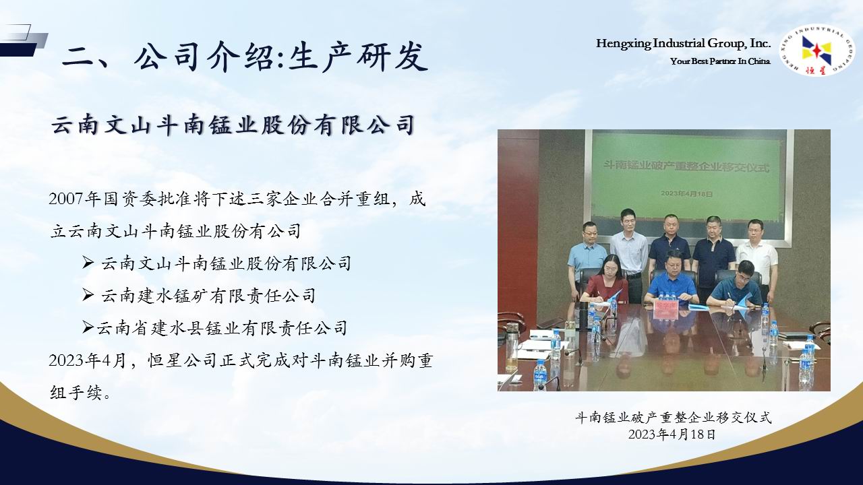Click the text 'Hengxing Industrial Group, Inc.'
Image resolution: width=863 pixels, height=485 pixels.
click(x=683, y=44)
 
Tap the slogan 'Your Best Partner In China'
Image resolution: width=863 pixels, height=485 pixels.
click(x=720, y=61)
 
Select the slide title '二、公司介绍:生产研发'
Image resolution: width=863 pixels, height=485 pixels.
click(x=245, y=59)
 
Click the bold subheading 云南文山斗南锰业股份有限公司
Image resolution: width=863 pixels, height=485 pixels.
click(x=233, y=125)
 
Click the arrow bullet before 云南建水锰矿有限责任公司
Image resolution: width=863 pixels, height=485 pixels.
click(x=88, y=296)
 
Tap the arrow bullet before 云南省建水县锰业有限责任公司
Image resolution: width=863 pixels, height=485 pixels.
click(x=88, y=328)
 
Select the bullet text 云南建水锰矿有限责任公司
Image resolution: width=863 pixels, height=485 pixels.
click(x=208, y=296)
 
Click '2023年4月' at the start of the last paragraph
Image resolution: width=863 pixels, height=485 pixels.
click(x=88, y=360)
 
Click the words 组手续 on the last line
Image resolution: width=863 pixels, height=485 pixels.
click(x=76, y=393)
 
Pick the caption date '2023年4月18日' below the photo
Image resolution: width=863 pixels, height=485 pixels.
click(x=672, y=434)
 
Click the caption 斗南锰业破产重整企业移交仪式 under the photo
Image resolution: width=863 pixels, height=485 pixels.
click(x=674, y=417)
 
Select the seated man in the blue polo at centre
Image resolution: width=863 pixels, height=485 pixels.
click(x=672, y=278)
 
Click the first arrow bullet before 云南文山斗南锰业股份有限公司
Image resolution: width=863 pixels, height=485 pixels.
click(x=88, y=263)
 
